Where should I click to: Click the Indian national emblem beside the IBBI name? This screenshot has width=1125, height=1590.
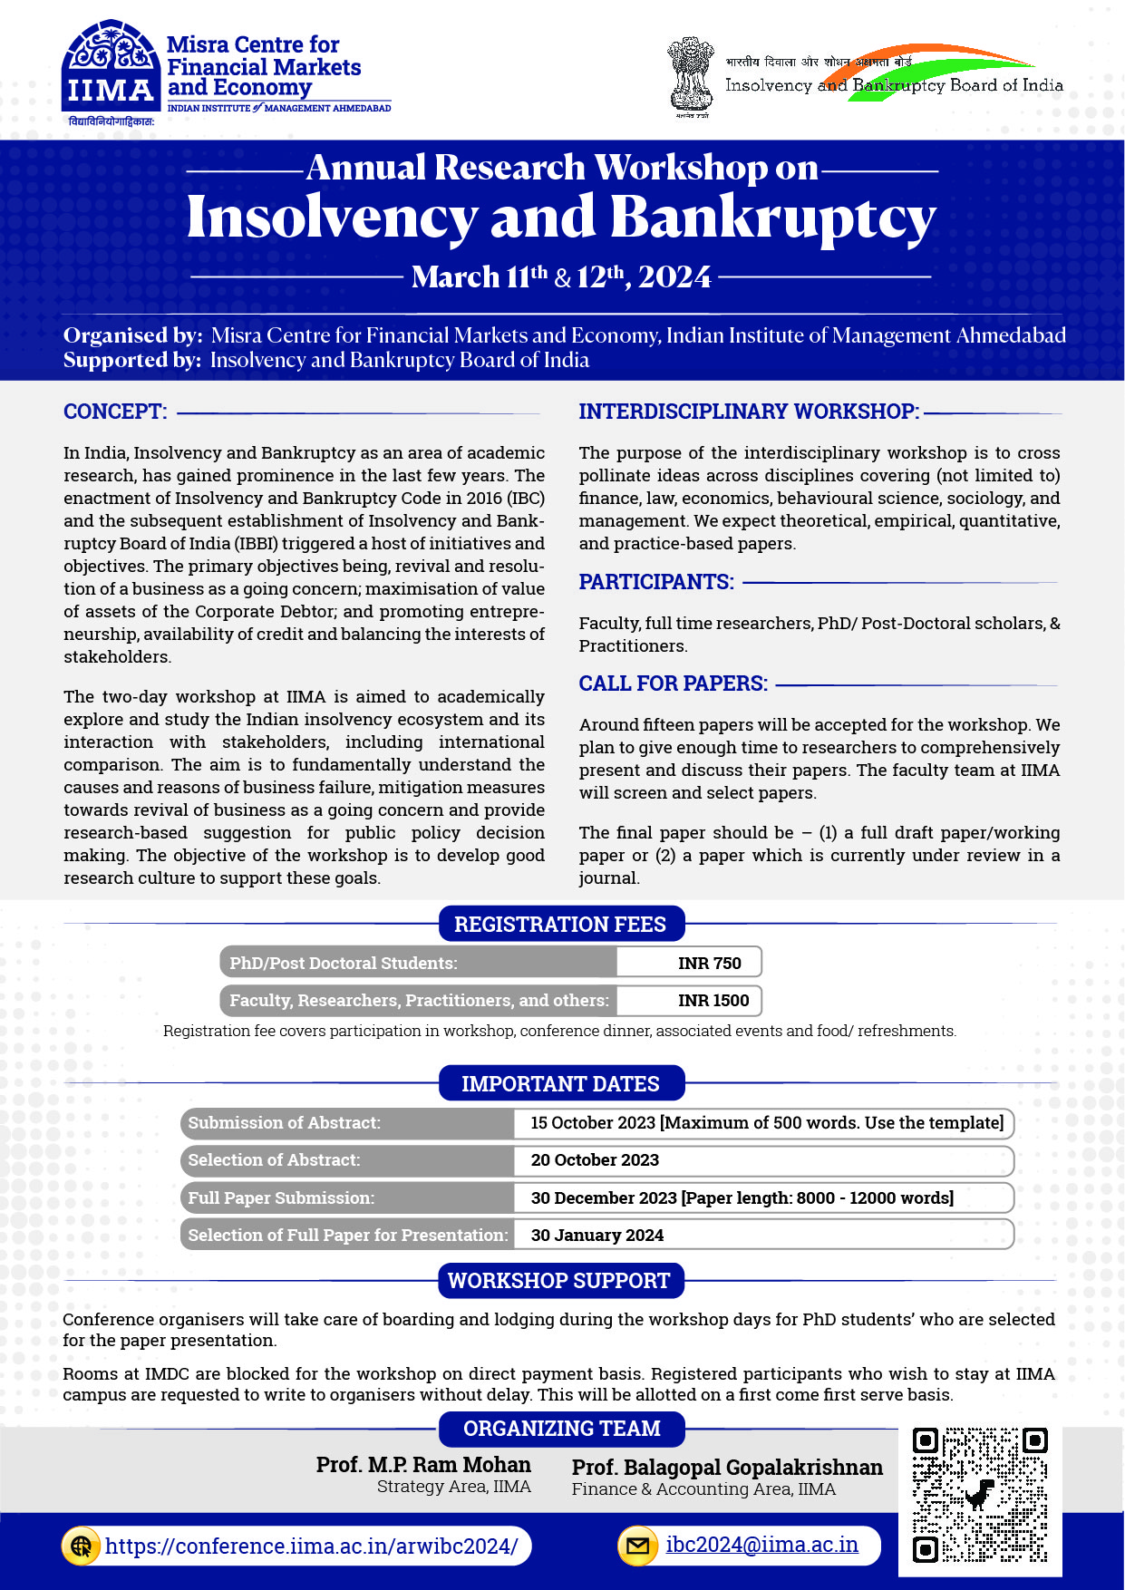691,76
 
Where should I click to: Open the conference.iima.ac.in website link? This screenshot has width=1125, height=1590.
311,1546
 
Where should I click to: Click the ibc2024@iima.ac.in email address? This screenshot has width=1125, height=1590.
761,1545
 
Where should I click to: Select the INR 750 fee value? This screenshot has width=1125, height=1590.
709,963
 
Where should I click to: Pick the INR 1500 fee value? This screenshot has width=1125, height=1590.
713,1000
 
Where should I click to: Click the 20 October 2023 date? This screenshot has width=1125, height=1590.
595,1160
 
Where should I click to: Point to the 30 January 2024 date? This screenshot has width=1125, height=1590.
597,1235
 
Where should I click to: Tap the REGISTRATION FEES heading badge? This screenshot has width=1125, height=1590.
560,925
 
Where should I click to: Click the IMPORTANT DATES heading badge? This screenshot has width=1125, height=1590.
560,1084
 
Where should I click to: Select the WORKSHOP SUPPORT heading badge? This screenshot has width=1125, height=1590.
559,1281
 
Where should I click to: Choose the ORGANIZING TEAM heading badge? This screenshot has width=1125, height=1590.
561,1429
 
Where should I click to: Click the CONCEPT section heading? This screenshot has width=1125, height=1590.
115,412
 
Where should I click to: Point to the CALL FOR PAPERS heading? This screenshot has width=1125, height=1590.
674,684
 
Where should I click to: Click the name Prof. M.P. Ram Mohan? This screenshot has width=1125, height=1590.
423,1465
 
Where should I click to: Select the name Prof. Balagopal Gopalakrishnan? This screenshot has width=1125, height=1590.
727,1468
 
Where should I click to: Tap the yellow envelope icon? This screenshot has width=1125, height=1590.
637,1546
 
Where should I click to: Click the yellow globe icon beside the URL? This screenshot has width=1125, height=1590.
82,1546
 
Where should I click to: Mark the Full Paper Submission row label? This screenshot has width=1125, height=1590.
281,1197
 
